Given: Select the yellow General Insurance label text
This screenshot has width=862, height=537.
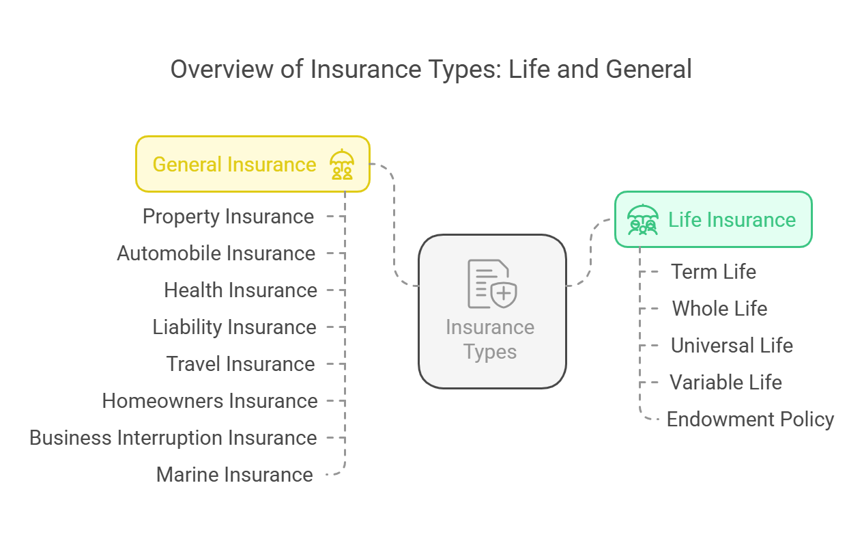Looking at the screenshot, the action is point(234,165).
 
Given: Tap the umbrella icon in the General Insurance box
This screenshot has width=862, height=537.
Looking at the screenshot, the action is point(342,165).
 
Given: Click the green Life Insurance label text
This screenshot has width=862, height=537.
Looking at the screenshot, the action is point(732,219).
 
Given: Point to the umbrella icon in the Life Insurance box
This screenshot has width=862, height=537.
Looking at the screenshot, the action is point(643,219).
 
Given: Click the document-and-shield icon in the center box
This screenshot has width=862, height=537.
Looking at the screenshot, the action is point(492,284).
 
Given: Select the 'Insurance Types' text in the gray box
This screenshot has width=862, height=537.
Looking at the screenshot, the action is point(490,340).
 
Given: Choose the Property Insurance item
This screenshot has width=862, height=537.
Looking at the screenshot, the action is point(228,217).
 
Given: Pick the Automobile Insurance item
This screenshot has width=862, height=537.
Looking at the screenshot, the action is point(216,253).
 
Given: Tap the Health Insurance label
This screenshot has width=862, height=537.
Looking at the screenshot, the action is point(240,290).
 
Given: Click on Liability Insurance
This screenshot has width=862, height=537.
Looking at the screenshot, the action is point(234,327).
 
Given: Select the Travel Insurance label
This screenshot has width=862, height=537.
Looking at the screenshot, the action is point(240,364).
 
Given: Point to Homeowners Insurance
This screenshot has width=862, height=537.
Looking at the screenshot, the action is point(210,401).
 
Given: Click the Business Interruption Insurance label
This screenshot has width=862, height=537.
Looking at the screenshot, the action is point(173,438).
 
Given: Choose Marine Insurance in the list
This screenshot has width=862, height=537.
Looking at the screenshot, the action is point(234,475).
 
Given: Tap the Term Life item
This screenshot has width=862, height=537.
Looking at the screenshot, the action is point(713,272).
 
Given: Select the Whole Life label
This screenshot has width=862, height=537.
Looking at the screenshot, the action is point(719,309).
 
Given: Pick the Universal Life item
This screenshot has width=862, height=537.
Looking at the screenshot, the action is point(732,345).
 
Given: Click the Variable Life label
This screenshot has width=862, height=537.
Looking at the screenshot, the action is point(725,383).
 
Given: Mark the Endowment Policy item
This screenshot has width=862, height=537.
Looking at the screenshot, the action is point(750,419).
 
